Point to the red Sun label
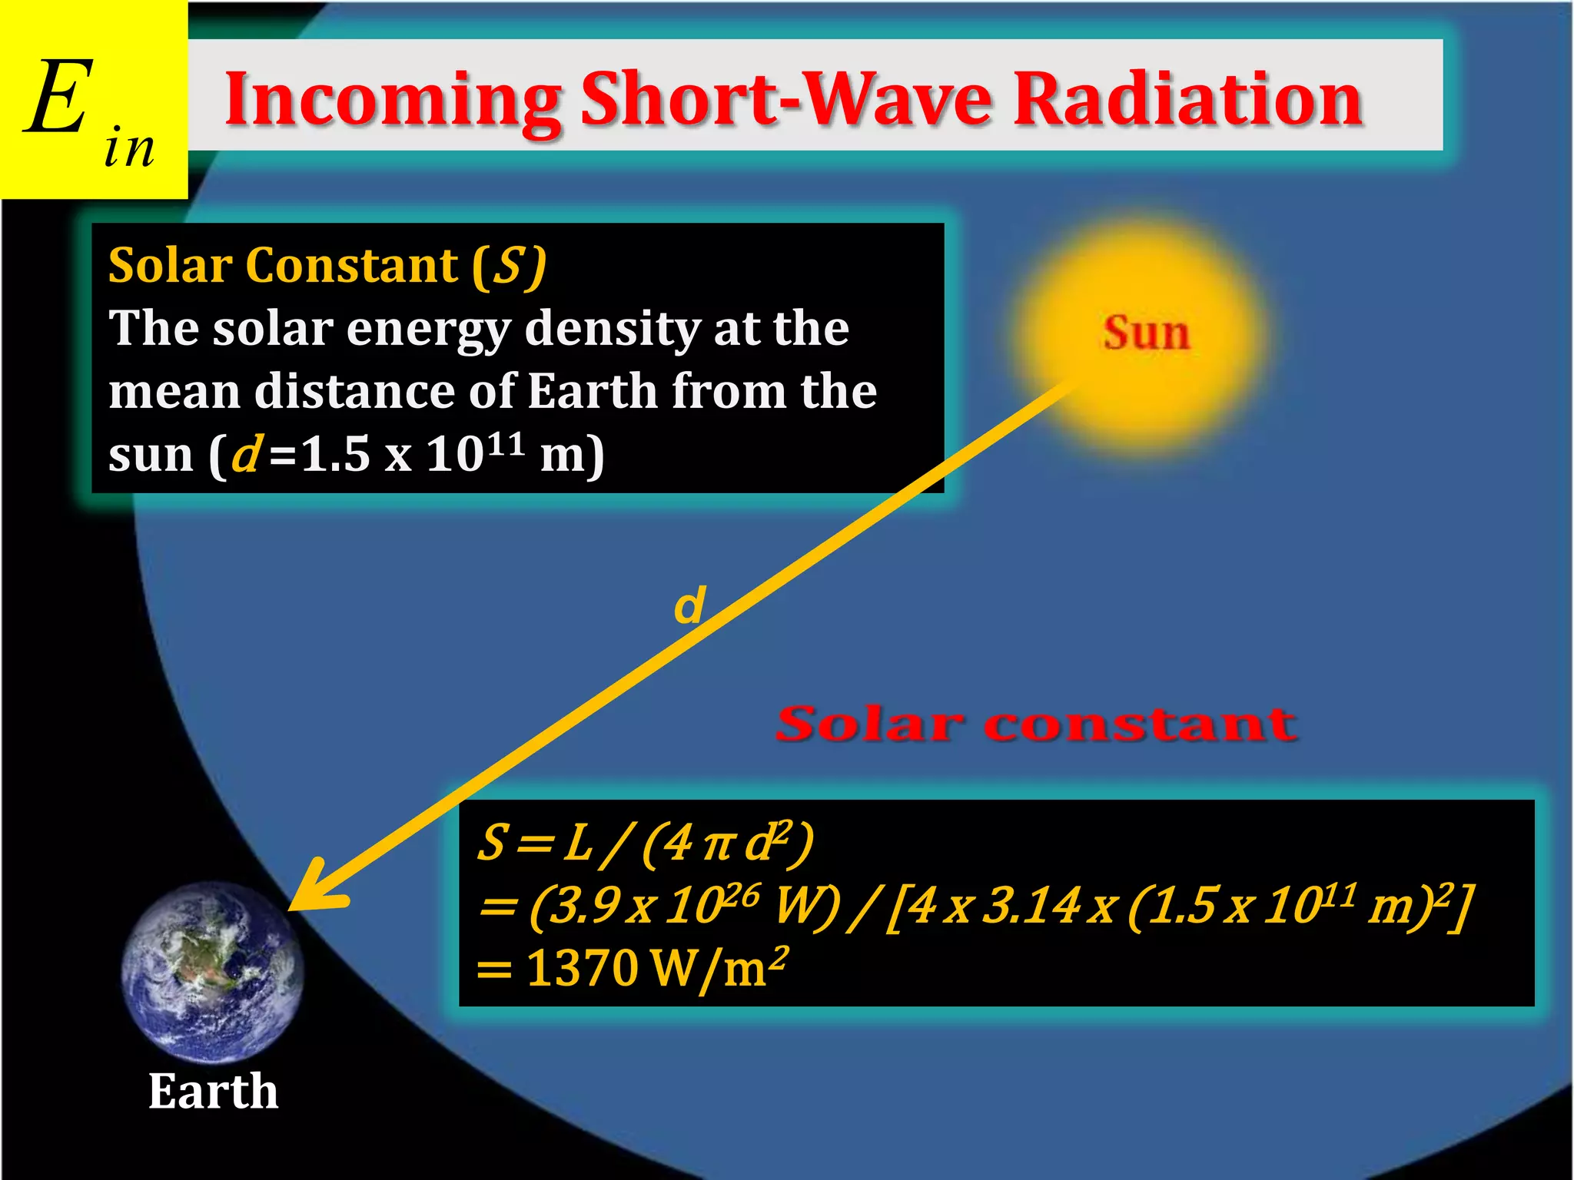[x=1146, y=333]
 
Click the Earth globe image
[x=212, y=972]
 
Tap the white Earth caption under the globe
[x=213, y=1091]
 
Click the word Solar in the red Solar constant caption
[x=868, y=724]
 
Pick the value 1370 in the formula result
[x=582, y=968]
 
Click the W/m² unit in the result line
[x=719, y=968]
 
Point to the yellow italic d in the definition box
[x=247, y=453]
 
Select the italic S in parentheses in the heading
[x=508, y=266]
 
